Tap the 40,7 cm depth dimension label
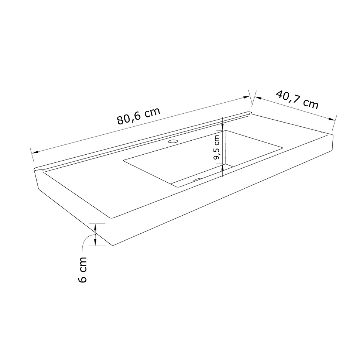(x=297, y=100)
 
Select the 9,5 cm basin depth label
(x=217, y=147)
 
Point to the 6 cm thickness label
(x=82, y=270)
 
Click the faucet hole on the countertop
(x=173, y=141)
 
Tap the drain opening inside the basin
(x=198, y=179)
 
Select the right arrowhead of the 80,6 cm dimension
(x=246, y=97)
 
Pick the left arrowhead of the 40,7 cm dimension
(x=258, y=98)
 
